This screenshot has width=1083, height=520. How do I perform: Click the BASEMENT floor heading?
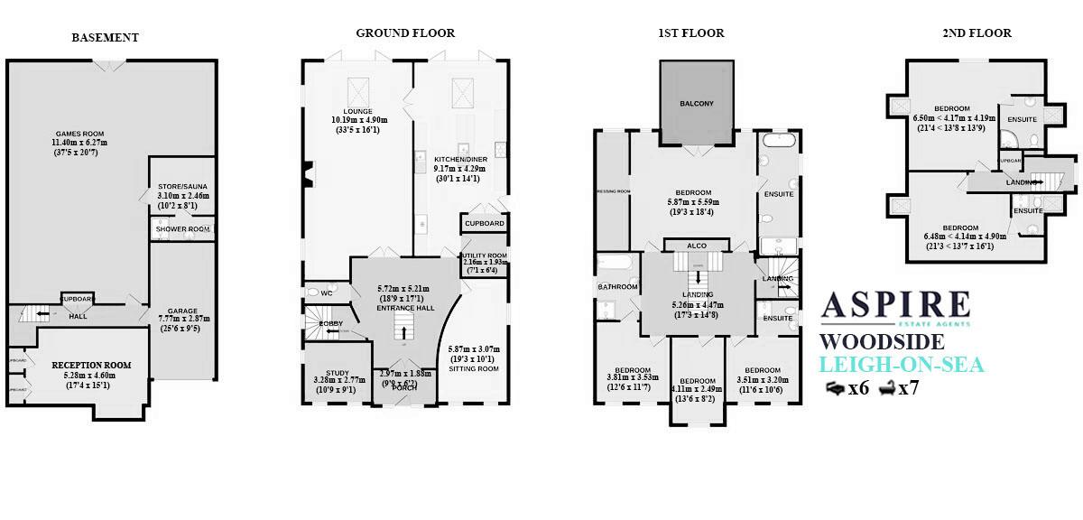[x=106, y=38]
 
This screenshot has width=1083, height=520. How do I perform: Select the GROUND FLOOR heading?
[x=405, y=33]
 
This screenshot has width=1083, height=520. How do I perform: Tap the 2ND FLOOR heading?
[x=977, y=33]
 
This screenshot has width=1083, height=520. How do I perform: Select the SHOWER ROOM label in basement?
[x=182, y=229]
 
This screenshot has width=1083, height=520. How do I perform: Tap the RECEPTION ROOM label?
[x=91, y=365]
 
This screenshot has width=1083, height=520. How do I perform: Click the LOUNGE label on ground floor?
[x=358, y=110]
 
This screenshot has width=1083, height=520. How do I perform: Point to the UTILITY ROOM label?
[x=485, y=256]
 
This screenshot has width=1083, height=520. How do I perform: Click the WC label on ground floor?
[x=315, y=292]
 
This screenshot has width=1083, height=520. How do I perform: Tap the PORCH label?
[x=403, y=387]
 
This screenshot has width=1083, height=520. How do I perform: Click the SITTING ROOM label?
[x=474, y=369]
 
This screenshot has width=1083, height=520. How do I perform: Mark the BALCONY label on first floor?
[x=696, y=104]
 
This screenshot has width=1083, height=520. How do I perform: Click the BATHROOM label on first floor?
[x=617, y=287]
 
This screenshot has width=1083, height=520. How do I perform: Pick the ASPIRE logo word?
[x=894, y=305]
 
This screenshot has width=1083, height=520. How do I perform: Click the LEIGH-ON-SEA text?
[x=901, y=365]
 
